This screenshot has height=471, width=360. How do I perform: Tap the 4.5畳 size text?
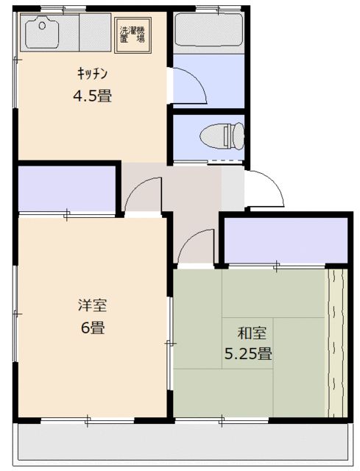pos(92,95)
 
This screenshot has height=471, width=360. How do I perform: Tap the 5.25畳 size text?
pos(248,353)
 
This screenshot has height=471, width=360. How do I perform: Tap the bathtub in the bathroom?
pos(208,32)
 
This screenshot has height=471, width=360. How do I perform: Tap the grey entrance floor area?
pos(232,188)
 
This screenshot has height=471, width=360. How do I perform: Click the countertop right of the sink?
pos(94,33)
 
